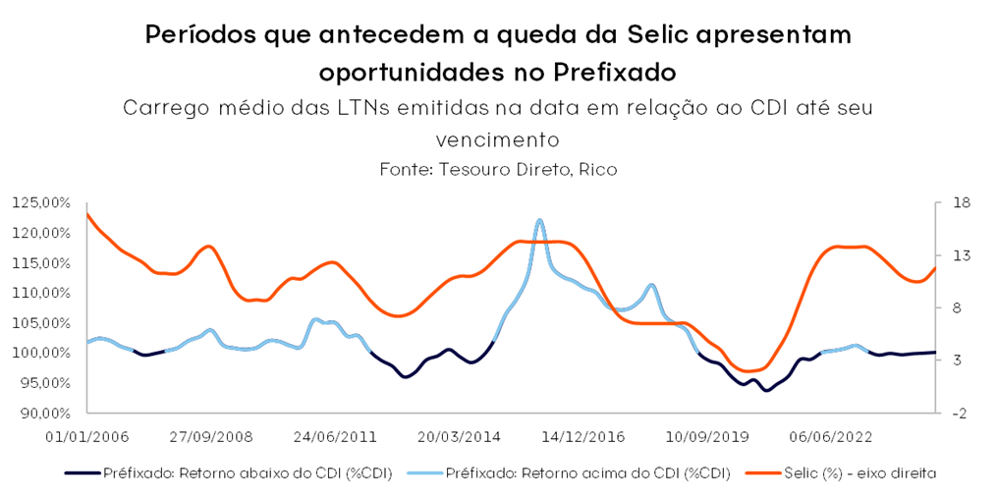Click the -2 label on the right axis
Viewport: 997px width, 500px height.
(x=959, y=413)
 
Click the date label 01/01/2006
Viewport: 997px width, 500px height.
(x=86, y=435)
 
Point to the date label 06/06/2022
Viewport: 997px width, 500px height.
(x=830, y=435)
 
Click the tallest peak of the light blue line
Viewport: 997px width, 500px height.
(x=539, y=221)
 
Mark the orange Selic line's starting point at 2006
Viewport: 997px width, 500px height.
(x=87, y=213)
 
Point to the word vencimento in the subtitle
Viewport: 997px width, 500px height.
(x=498, y=139)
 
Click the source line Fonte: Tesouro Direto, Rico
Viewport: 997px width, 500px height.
(x=498, y=169)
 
